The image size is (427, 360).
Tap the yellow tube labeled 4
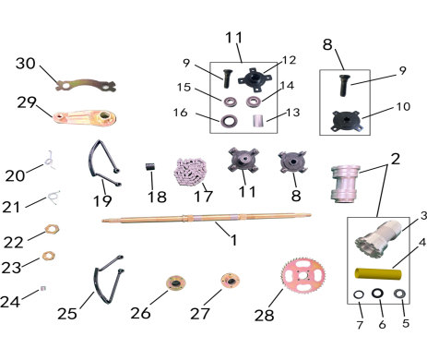pyautogui.click(x=378, y=274)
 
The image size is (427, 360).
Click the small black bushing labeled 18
pyautogui.click(x=150, y=168)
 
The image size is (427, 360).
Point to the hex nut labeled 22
pyautogui.click(x=52, y=229)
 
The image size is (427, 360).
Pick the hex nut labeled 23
pyautogui.click(x=49, y=255)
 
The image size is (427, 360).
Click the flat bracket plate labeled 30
pyautogui.click(x=86, y=85)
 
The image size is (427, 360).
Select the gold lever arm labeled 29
pyautogui.click(x=85, y=117)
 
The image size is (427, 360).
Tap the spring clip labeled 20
pyautogui.click(x=50, y=161)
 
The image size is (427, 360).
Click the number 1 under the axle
pyautogui.click(x=234, y=240)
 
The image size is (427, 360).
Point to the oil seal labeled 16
pyautogui.click(x=229, y=120)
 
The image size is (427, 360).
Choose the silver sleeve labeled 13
pyautogui.click(x=258, y=121)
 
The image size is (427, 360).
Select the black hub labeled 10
pyautogui.click(x=347, y=121)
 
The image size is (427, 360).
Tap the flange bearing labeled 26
pyautogui.click(x=176, y=283)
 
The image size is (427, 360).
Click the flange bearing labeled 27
pyautogui.click(x=230, y=281)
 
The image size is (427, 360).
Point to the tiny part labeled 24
pyautogui.click(x=43, y=289)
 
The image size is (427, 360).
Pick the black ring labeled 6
pyautogui.click(x=377, y=294)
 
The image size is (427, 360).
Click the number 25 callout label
pyautogui.click(x=67, y=314)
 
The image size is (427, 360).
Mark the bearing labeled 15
pyautogui.click(x=229, y=102)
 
